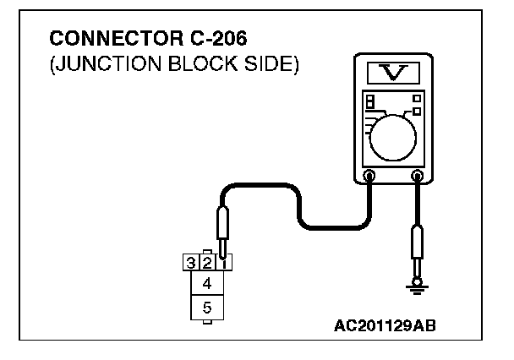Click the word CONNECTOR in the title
coord(99,40)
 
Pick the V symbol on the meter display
coord(392,73)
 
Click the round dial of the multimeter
coord(394,134)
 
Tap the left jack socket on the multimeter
coord(369,177)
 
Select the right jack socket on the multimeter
coord(416,177)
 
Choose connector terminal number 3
coord(192,263)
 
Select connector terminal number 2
coord(207,263)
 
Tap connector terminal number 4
coord(207,283)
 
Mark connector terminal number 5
coord(207,308)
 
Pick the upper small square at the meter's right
coord(417,99)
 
